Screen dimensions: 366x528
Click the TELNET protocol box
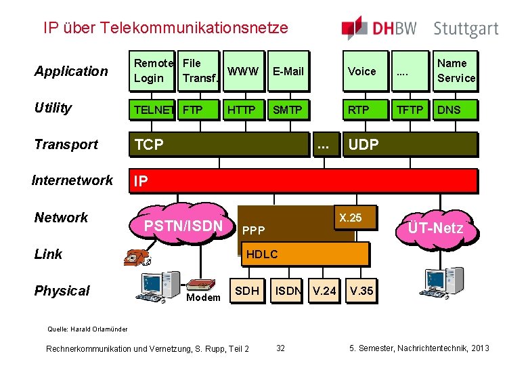click(x=154, y=108)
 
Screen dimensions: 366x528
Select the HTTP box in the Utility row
click(x=242, y=108)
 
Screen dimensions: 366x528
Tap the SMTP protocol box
click(x=288, y=108)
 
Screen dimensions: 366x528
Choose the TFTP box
click(x=410, y=108)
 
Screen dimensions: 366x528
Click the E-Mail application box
click(x=288, y=71)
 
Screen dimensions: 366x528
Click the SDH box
click(x=246, y=291)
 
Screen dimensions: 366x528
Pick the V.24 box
click(x=323, y=291)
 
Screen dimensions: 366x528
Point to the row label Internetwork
click(x=72, y=180)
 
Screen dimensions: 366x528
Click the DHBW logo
click(x=380, y=28)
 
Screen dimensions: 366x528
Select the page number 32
click(x=280, y=348)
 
